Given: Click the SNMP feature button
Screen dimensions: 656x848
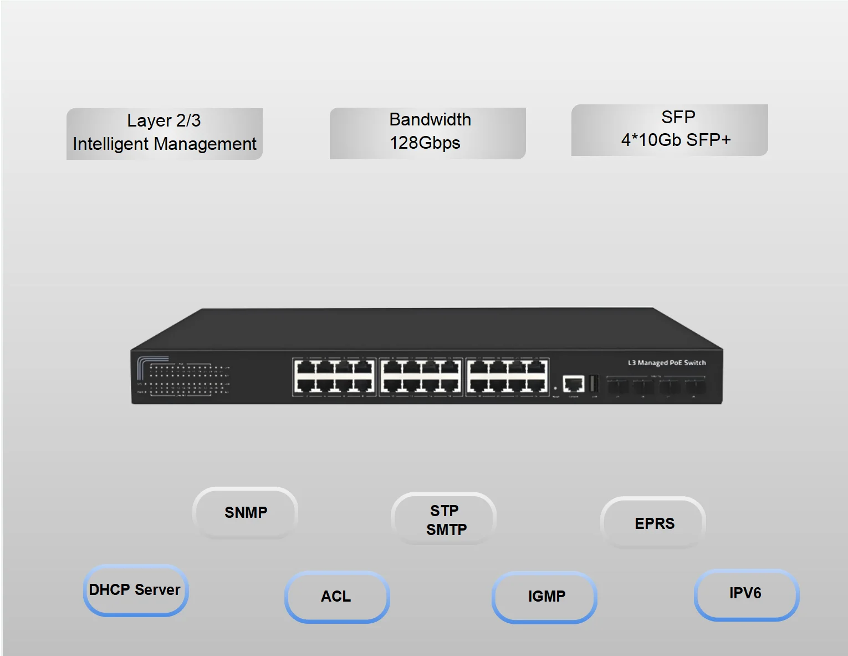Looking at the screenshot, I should (x=246, y=512).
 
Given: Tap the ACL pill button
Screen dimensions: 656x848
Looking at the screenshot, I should (x=336, y=596).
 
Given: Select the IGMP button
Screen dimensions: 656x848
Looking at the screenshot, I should (x=546, y=596).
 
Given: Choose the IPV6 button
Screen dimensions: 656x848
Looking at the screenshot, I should (x=745, y=593).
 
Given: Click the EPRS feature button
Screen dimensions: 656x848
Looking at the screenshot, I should (x=654, y=523).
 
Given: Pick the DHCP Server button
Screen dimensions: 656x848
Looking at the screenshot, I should (x=135, y=589).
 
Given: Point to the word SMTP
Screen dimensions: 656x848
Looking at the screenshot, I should (x=446, y=530).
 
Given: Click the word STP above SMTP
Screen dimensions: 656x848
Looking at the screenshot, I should (x=445, y=511).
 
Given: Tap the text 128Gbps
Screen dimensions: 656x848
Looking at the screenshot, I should (x=425, y=143).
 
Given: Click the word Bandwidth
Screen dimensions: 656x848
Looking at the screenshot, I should (x=430, y=119).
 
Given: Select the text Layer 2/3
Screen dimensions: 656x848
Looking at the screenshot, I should (x=164, y=120).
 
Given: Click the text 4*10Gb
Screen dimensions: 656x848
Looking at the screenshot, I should (x=651, y=140).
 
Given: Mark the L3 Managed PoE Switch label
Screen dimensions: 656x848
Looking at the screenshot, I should (x=667, y=363).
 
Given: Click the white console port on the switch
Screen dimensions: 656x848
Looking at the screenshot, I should (x=574, y=383).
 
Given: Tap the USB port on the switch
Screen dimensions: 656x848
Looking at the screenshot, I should (x=594, y=383).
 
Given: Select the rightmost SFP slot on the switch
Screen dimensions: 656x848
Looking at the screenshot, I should (x=694, y=387).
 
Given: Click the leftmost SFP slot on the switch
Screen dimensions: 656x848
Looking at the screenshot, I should (x=618, y=387).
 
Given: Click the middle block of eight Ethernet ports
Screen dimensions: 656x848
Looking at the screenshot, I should (x=421, y=377).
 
